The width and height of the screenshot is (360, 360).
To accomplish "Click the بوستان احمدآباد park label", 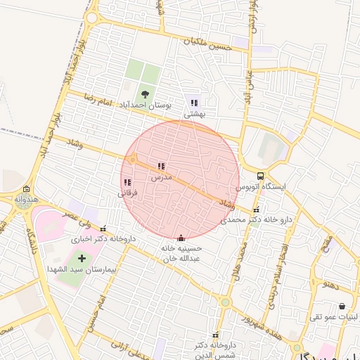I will click(x=143, y=104).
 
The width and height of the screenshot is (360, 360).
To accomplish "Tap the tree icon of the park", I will click(x=145, y=94).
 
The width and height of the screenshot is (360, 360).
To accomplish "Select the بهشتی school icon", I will click(x=194, y=103).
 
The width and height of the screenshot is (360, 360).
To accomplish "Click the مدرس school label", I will click(x=161, y=178).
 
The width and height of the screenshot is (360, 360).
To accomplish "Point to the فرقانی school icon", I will click(x=127, y=182).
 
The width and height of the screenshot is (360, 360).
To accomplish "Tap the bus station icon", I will click(x=261, y=176).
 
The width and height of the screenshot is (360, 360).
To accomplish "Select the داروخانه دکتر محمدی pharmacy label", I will click(x=256, y=219).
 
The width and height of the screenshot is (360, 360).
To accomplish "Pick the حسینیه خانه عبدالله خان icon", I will click(x=181, y=237).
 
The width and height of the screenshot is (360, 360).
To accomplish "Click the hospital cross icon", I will click(x=82, y=258).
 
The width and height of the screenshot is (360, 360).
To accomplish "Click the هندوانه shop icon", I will click(x=26, y=189).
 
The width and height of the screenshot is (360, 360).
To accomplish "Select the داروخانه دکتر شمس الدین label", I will click(x=212, y=349).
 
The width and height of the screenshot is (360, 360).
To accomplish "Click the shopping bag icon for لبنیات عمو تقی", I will click(x=342, y=307).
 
